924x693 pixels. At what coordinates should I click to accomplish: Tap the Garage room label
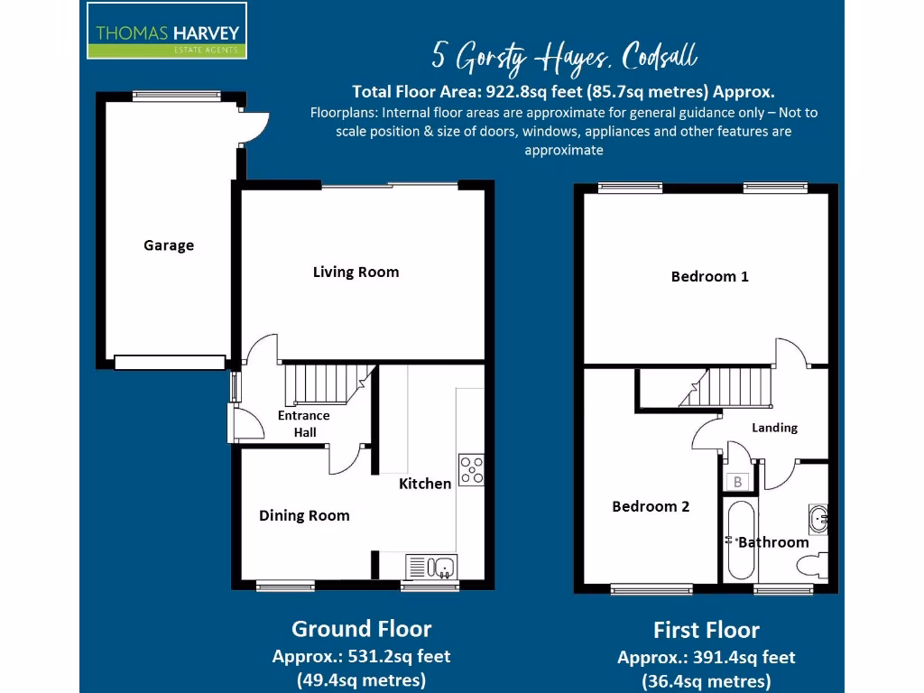click(x=169, y=245)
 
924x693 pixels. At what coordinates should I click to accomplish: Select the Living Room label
click(x=356, y=272)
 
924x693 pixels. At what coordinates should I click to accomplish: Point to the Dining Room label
click(x=304, y=515)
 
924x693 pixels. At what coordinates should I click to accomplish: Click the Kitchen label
click(x=425, y=484)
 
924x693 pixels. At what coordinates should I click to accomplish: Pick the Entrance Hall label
click(x=304, y=424)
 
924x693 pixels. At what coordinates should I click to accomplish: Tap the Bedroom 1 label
click(x=709, y=276)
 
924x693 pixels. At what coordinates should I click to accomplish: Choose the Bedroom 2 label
click(x=651, y=506)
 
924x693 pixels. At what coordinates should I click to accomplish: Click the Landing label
click(x=774, y=428)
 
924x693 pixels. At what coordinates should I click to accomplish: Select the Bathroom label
click(x=773, y=542)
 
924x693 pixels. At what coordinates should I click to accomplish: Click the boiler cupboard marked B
click(x=737, y=482)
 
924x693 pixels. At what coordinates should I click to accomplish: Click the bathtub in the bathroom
click(x=738, y=541)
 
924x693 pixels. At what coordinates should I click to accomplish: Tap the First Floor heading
click(x=707, y=630)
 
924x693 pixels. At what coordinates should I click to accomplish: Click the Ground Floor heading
click(x=361, y=629)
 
